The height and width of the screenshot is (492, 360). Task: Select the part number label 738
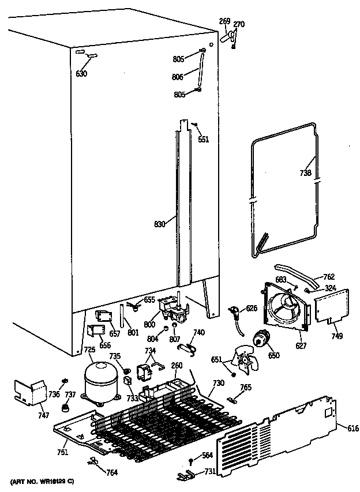coord(306,172)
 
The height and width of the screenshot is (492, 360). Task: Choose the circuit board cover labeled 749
coord(332,305)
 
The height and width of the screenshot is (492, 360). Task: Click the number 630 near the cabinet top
coord(81,73)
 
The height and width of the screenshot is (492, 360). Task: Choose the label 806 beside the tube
coord(178,76)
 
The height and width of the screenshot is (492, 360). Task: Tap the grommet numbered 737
coord(66,408)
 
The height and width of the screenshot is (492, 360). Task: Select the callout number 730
coord(218,382)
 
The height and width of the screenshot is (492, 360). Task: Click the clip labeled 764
coord(93,461)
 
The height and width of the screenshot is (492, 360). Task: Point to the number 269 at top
coord(224,22)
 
